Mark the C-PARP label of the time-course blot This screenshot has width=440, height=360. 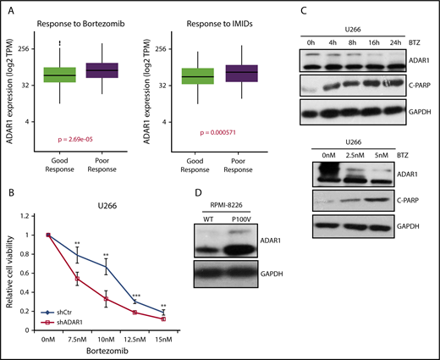416,85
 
